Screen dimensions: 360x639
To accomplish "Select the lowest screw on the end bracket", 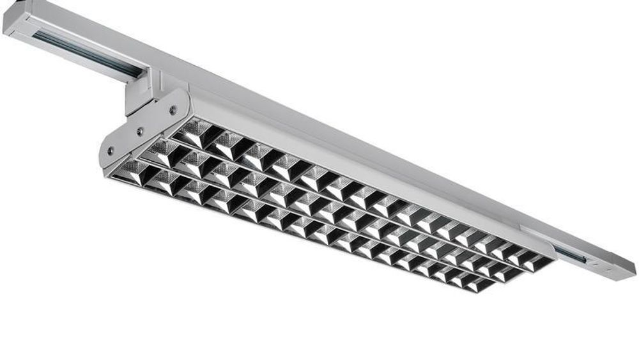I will pyautogui.click(x=111, y=151).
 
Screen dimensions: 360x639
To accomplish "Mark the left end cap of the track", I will pyautogui.click(x=17, y=19).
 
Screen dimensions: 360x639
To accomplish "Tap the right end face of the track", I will pyautogui.click(x=626, y=269).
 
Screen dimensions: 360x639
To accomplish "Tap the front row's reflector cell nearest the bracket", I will pyautogui.click(x=130, y=171).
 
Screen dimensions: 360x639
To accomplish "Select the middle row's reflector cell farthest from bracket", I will pyautogui.click(x=509, y=272).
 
